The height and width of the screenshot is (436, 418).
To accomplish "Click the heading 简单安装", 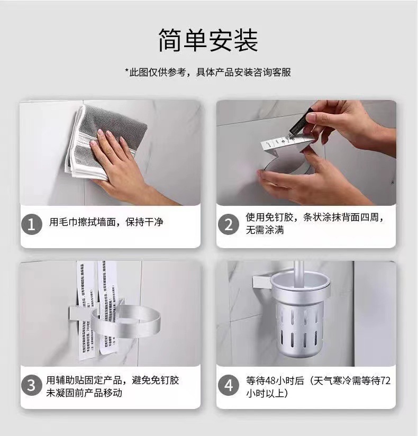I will (208, 41).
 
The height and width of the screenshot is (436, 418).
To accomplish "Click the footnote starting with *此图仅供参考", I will (208, 72).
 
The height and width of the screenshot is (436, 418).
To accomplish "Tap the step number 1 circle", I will (31, 225).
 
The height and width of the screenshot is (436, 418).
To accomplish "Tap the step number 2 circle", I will (229, 224).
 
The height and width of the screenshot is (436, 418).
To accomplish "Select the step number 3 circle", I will (31, 385).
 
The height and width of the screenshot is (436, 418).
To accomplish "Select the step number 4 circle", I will (229, 385).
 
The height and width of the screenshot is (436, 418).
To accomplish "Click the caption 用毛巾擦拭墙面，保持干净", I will (106, 222).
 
